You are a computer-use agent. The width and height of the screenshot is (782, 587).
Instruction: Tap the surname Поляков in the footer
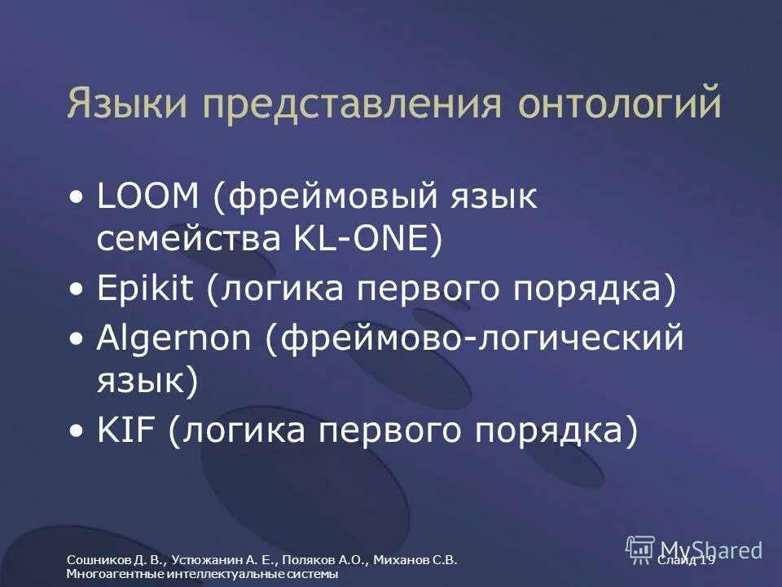pos(314,560)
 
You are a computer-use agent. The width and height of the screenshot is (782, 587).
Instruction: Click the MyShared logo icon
pos(640,549)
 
